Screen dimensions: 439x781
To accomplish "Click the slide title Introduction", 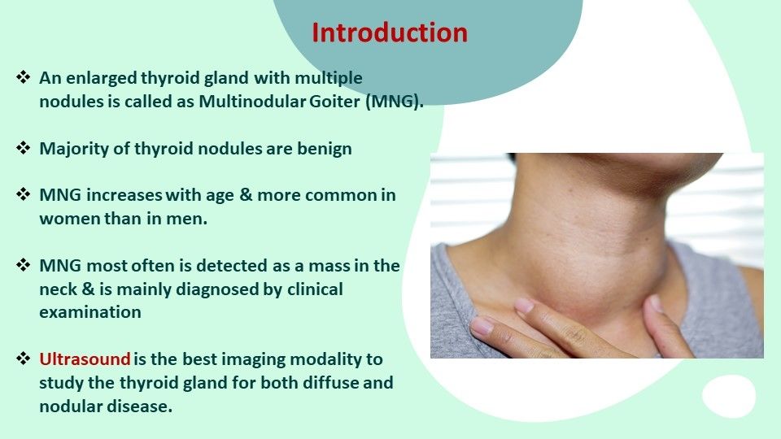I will tap(390, 33).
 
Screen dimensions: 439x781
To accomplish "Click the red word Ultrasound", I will tap(85, 359).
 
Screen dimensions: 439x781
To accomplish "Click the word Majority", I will tap(72, 149).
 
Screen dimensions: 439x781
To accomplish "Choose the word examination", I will tap(89, 312).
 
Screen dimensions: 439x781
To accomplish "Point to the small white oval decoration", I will tap(729, 396).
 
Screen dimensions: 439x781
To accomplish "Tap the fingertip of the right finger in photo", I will tap(655, 304).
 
